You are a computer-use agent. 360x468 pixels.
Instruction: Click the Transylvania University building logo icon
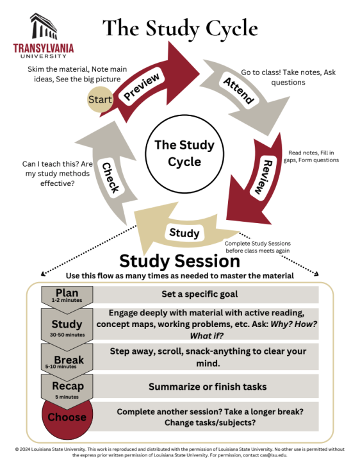(43, 28)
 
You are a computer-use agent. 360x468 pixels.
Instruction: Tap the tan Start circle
(100, 99)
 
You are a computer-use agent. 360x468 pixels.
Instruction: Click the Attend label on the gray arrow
(238, 90)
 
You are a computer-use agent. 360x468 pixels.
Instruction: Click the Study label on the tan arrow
(184, 233)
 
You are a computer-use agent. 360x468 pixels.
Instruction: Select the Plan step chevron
(67, 296)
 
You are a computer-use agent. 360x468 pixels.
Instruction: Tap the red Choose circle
(67, 417)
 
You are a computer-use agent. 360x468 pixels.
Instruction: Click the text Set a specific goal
(192, 295)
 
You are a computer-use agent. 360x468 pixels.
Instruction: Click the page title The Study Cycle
(180, 29)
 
